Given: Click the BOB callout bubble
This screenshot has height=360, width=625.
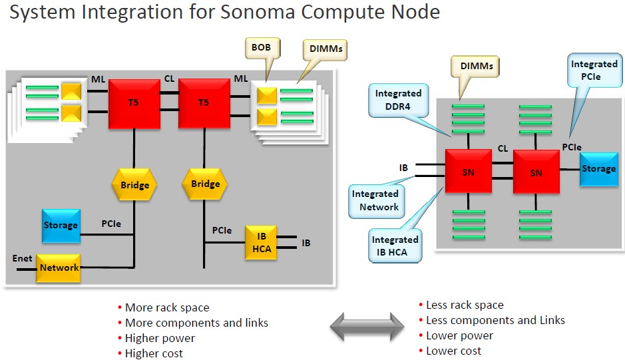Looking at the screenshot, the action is click(x=262, y=48).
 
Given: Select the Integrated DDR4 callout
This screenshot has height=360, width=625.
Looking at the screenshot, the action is click(x=398, y=100).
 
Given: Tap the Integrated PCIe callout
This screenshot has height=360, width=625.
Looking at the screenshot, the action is click(x=594, y=70).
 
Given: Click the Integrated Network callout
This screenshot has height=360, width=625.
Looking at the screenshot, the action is click(x=376, y=200).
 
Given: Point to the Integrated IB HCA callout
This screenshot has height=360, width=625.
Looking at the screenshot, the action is click(x=395, y=246).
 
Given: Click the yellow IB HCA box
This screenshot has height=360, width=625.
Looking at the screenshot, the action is click(x=261, y=243).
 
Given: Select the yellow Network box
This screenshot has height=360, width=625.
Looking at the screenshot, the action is click(x=58, y=268).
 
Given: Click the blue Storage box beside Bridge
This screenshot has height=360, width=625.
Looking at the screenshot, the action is click(x=61, y=226).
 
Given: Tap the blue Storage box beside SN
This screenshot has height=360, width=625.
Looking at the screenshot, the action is click(x=598, y=169).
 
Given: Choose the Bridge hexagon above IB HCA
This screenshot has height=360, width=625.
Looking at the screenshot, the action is click(x=205, y=184).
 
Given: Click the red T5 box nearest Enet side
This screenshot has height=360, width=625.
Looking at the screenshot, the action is click(x=134, y=104).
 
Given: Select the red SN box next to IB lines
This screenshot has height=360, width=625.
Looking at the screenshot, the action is click(x=469, y=172).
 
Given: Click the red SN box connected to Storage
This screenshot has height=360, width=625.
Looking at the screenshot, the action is click(x=536, y=172).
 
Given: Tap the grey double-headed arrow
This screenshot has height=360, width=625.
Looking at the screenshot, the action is click(x=367, y=327).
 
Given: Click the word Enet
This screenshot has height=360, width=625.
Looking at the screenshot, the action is click(x=23, y=258).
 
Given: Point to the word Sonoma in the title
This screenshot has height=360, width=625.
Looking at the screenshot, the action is click(x=258, y=12).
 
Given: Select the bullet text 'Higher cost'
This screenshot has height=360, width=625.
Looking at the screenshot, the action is click(x=154, y=353).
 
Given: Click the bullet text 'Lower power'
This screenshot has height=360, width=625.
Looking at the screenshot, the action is click(x=459, y=336).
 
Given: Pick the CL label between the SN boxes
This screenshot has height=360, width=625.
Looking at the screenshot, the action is click(x=503, y=148).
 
